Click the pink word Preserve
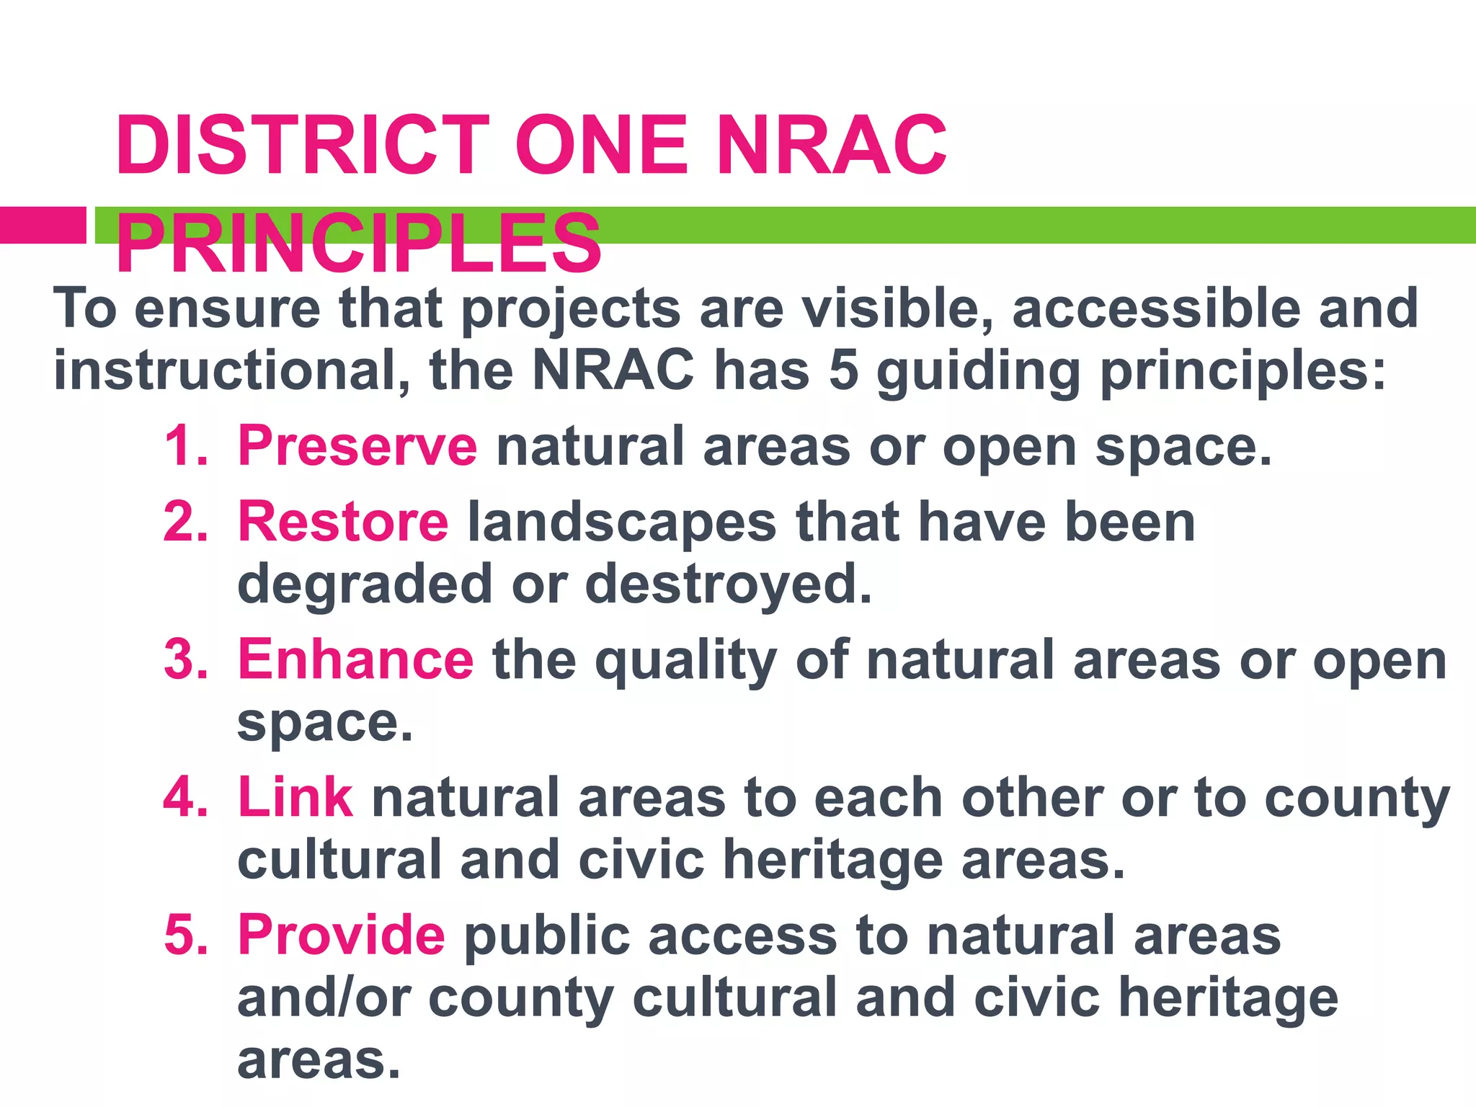tap(357, 446)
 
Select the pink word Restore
tap(343, 522)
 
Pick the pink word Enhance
tap(355, 659)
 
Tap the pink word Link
tap(295, 798)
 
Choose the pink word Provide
tap(342, 935)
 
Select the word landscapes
tap(622, 522)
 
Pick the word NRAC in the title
tap(832, 146)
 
